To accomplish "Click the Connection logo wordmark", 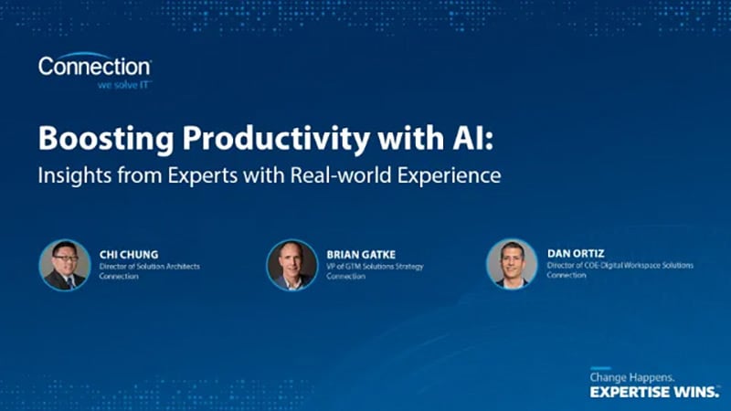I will pos(94,67).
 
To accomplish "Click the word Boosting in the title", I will pos(100,142).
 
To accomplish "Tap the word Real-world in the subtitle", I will pos(323,175).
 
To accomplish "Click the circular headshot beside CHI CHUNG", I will pos(65,265).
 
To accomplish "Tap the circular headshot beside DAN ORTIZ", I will pos(512,264).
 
